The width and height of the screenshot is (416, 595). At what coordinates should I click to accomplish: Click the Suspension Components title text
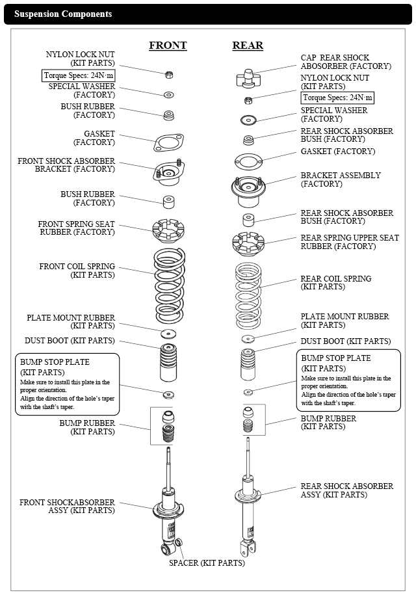pyautogui.click(x=63, y=14)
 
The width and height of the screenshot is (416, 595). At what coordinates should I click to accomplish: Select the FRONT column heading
pyautogui.click(x=168, y=46)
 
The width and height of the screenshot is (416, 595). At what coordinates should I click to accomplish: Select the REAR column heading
pyautogui.click(x=248, y=46)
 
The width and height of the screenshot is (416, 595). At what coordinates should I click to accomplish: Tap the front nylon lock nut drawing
pyautogui.click(x=168, y=75)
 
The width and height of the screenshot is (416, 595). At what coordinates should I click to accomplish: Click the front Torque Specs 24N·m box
pyautogui.click(x=79, y=75)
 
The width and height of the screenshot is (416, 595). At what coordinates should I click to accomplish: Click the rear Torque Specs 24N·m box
pyautogui.click(x=338, y=98)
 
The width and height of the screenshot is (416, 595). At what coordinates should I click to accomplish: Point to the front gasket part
pyautogui.click(x=168, y=142)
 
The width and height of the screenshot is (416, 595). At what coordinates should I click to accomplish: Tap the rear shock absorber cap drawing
pyautogui.click(x=248, y=78)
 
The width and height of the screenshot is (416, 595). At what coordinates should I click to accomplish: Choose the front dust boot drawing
pyautogui.click(x=168, y=363)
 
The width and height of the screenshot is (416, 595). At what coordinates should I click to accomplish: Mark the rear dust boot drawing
pyautogui.click(x=248, y=365)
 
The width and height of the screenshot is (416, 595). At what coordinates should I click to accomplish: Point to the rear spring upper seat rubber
pyautogui.click(x=248, y=243)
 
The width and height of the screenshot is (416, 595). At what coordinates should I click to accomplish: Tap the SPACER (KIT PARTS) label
pyautogui.click(x=207, y=562)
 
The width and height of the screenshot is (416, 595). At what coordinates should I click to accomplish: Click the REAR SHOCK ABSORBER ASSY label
pyautogui.click(x=346, y=490)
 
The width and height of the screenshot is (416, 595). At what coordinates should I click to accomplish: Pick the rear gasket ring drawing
pyautogui.click(x=248, y=160)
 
